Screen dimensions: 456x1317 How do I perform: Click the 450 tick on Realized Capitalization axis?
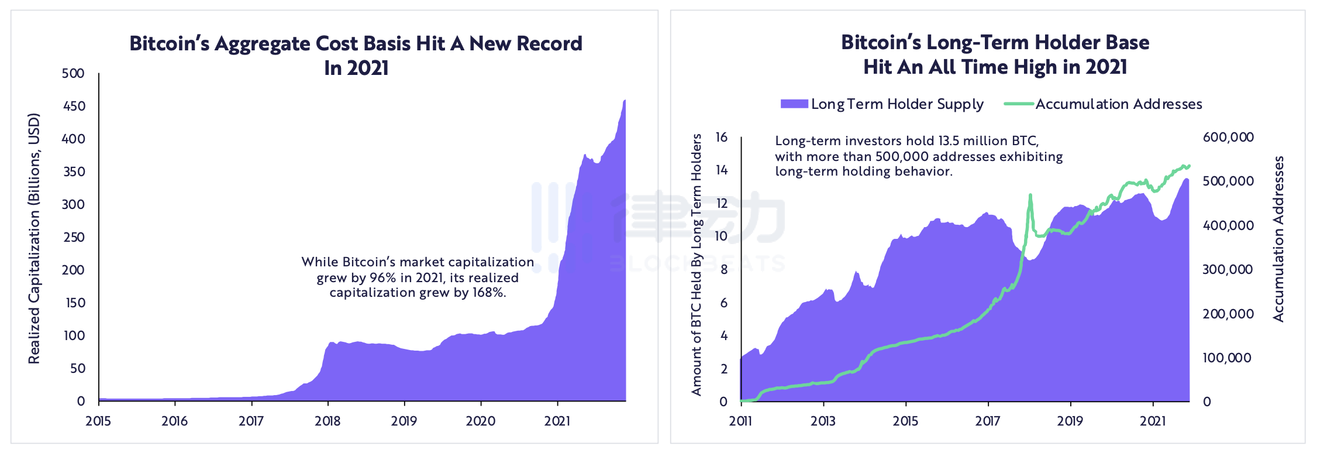(74, 107)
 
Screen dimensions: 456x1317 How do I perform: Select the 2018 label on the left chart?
(327, 421)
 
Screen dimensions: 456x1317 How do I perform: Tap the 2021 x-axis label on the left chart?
(557, 421)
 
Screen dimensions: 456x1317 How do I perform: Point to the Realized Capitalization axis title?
(35, 238)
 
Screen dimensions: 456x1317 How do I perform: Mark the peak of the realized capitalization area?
(625, 101)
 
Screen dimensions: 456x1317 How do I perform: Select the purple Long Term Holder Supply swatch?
(794, 104)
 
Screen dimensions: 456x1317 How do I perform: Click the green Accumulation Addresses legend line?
(1019, 104)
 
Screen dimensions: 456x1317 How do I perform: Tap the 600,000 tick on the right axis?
(1228, 137)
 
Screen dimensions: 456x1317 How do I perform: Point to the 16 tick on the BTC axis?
(722, 137)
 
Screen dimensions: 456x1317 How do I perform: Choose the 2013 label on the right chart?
(823, 421)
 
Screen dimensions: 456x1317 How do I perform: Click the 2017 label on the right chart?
(988, 421)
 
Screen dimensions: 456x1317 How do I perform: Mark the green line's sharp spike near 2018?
(1030, 196)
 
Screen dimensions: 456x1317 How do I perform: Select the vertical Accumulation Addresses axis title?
(1278, 238)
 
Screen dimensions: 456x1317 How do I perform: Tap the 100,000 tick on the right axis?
(1227, 358)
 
